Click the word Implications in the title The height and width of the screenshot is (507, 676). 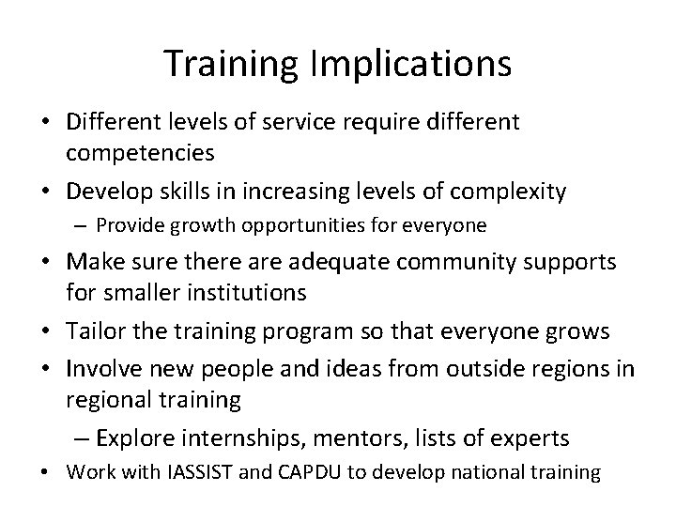415,64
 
